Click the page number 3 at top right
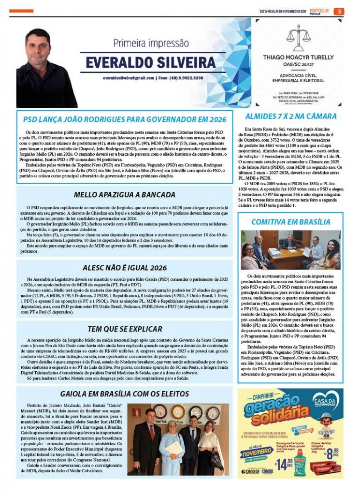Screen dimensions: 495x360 pos(340,11)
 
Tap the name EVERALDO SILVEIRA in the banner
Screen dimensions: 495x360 pos(151,62)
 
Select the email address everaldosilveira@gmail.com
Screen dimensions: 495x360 pos(128,78)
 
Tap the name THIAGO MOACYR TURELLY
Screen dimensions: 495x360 pos(298,57)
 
